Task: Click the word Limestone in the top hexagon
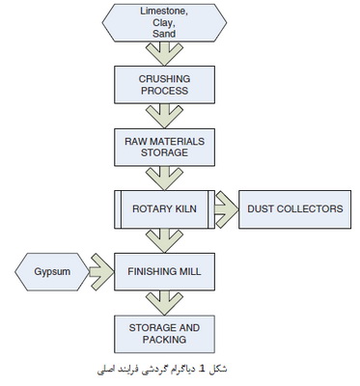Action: click(x=164, y=11)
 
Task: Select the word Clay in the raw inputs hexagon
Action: click(x=164, y=22)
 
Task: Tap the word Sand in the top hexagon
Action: click(x=164, y=34)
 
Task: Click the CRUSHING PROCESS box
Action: click(x=164, y=85)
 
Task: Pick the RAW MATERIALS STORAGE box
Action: click(x=164, y=148)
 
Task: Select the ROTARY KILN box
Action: click(x=164, y=209)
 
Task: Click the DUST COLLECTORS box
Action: click(x=294, y=209)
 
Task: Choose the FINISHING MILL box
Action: click(x=164, y=272)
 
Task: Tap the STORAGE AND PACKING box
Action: click(x=164, y=334)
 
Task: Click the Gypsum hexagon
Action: click(x=52, y=272)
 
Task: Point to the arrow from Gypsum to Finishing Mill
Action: click(x=101, y=272)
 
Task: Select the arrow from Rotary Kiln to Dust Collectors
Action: click(x=227, y=209)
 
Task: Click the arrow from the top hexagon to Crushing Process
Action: click(x=164, y=54)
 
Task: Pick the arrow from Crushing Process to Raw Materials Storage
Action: click(x=164, y=117)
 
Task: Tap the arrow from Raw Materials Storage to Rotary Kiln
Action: click(x=164, y=179)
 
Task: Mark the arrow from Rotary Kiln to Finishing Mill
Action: click(x=164, y=241)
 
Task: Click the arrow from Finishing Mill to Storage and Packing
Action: click(x=164, y=303)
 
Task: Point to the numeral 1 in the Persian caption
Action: click(x=202, y=369)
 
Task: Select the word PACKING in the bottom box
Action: click(x=164, y=340)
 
